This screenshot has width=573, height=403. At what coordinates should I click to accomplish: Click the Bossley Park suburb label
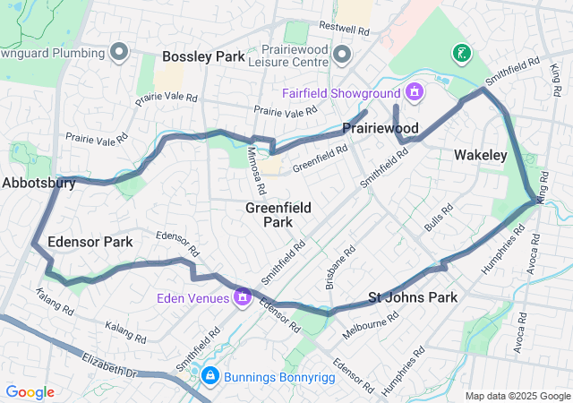click(203, 56)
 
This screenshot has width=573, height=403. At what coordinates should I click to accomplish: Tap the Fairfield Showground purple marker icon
click(414, 91)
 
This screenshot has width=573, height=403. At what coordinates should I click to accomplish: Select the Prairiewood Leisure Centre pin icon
click(340, 56)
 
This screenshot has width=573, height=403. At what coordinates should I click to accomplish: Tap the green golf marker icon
click(461, 54)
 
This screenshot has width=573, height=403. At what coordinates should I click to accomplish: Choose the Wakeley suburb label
click(480, 155)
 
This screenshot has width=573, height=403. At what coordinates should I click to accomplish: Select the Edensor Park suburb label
click(90, 242)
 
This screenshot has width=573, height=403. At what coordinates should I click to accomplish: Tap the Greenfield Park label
click(278, 214)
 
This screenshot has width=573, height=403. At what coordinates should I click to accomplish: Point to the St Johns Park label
click(413, 297)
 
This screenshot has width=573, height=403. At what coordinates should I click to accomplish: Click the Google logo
click(30, 392)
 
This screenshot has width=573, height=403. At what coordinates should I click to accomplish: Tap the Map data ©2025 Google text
click(517, 396)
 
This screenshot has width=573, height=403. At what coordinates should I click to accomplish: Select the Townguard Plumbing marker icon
click(119, 51)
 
